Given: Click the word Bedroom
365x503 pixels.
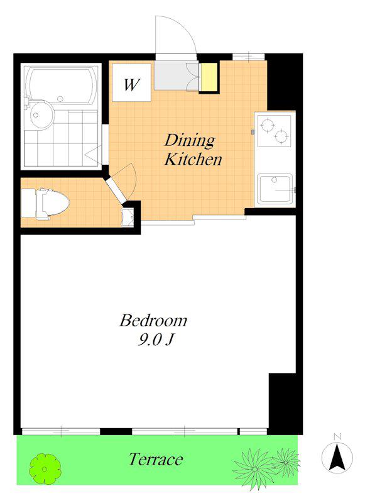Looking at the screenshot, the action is pos(153,321).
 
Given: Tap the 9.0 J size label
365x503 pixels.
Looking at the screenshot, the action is pos(155,340).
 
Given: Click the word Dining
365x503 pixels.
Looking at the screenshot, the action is pos(190,141).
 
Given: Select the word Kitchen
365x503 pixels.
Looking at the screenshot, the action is pos(193,160).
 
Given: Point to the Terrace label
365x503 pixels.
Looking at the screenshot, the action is pos(156,460).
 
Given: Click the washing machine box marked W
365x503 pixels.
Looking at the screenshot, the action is pos(131,83).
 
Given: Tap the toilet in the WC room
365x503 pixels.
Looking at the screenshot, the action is pos(45,203).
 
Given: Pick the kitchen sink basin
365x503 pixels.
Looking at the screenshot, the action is pos(275,189).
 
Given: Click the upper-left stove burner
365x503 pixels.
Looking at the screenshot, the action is pos(267,124).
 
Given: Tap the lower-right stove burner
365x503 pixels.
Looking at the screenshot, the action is pos(281,136).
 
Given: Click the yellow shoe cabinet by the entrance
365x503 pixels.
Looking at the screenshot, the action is pos(209,77).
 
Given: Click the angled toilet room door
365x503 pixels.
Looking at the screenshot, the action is pos(116,190).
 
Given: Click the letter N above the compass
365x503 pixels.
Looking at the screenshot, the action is pos(337,436).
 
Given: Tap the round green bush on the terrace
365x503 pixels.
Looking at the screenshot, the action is pos(45,468).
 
